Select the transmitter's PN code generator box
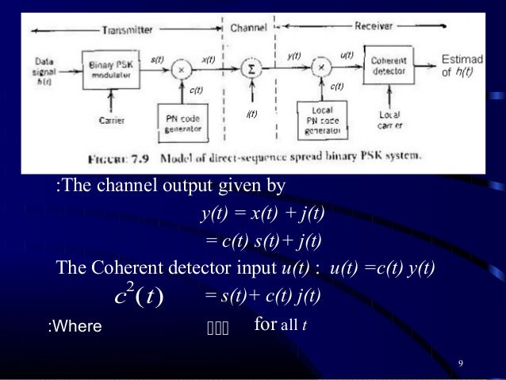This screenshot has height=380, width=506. (183, 119)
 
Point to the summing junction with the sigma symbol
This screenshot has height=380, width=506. (251, 69)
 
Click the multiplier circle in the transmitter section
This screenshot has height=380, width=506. (181, 69)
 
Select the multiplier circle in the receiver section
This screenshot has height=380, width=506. (321, 67)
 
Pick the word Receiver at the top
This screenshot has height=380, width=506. (375, 26)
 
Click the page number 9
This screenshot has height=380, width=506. (461, 363)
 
